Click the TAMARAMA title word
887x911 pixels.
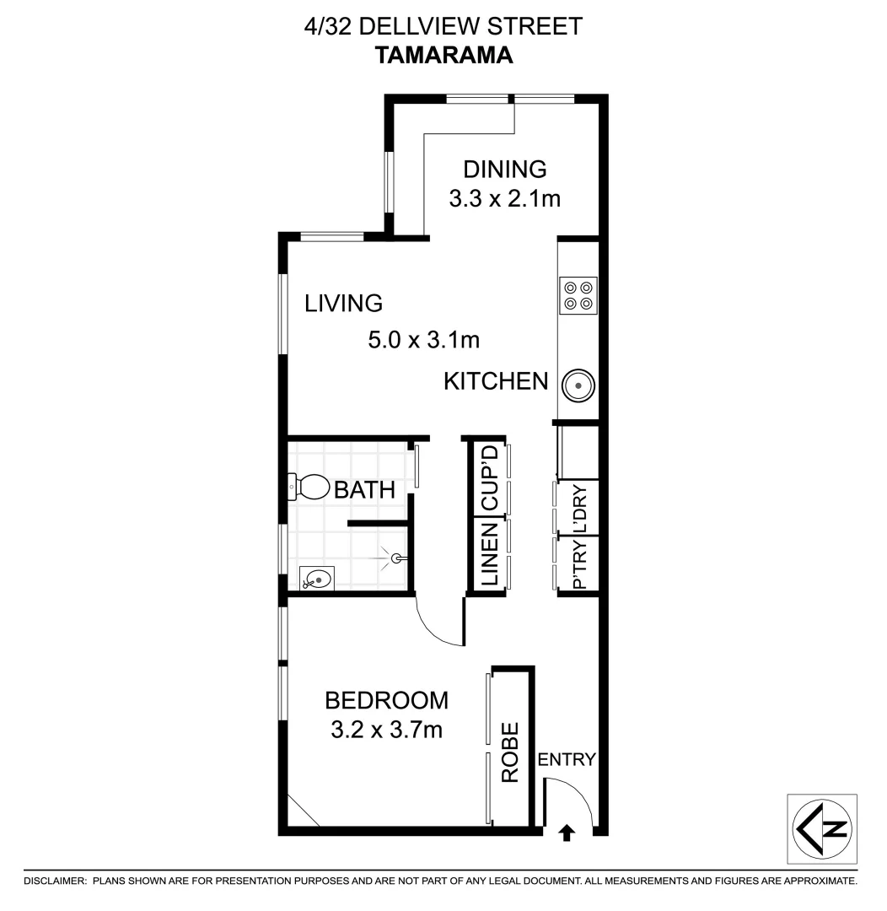click(x=443, y=56)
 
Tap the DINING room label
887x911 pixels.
click(x=505, y=169)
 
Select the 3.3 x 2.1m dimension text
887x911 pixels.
click(x=505, y=200)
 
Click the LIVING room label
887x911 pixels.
click(x=344, y=302)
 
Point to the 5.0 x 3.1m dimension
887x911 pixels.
click(x=423, y=341)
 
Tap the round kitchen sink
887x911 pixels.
click(x=578, y=385)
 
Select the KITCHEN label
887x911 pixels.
click(x=496, y=382)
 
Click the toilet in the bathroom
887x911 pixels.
click(x=309, y=486)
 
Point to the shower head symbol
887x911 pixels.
click(x=398, y=558)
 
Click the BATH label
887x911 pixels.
click(x=364, y=490)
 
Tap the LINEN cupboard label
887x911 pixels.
click(x=489, y=555)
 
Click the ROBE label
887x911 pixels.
click(x=510, y=752)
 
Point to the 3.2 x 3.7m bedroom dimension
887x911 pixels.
click(x=387, y=730)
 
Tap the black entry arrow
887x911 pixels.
click(x=567, y=833)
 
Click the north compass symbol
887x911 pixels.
click(x=822, y=827)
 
